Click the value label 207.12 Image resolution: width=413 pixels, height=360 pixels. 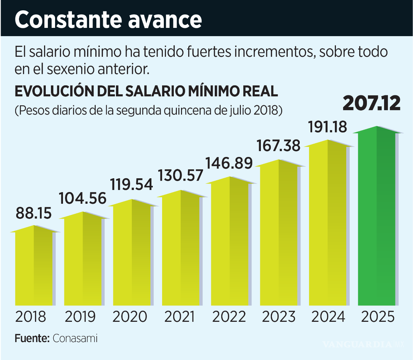(372, 103)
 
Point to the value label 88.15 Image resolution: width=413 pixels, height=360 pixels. (34, 213)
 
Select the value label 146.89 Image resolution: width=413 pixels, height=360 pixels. (229, 163)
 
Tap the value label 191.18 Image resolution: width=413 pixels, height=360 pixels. (327, 127)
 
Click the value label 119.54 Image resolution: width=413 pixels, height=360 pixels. (131, 184)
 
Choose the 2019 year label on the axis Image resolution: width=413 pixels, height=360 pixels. (80, 317)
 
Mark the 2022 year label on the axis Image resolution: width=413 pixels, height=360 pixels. (229, 317)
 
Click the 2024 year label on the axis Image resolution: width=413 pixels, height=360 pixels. (328, 317)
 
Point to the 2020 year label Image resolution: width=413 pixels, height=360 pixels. (130, 317)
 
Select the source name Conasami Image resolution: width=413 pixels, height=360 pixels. (75, 338)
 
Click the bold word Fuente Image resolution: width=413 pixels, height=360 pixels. (32, 338)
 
